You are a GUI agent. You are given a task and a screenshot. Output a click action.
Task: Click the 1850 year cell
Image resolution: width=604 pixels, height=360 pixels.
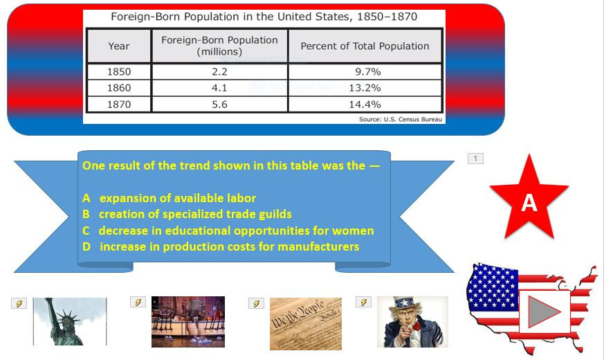[119, 71]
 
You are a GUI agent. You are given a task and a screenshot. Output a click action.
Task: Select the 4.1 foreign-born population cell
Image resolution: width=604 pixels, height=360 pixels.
[219, 88]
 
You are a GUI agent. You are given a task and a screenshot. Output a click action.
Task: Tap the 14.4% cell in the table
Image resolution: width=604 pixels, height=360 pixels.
[365, 105]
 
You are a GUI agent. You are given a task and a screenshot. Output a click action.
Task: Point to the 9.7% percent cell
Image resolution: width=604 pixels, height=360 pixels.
[365, 71]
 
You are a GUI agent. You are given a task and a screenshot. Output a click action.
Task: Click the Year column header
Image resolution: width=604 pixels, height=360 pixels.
[119, 46]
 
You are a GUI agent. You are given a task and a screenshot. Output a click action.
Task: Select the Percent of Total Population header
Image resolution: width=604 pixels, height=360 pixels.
[365, 46]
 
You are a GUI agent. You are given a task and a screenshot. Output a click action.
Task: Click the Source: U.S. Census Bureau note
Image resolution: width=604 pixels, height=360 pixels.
[401, 119]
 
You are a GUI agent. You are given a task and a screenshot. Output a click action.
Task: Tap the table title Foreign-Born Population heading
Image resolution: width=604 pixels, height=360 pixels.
[264, 17]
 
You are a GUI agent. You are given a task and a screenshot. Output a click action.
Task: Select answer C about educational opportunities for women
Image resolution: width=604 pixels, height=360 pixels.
[228, 231]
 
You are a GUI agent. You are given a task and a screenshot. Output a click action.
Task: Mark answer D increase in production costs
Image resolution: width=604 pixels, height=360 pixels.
[221, 246]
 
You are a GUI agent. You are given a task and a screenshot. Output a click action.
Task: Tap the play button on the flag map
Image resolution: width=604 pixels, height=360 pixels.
[544, 312]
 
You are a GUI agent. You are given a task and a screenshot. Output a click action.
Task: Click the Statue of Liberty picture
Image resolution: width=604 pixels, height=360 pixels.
[70, 321]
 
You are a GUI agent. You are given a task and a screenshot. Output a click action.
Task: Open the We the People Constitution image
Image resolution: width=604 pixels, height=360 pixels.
[305, 323]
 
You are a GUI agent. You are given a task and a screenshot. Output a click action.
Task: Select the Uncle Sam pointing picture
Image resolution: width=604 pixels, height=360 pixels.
[412, 322]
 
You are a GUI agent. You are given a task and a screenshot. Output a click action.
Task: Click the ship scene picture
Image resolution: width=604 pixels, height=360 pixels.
[188, 321]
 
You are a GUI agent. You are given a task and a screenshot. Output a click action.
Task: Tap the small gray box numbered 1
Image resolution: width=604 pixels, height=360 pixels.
[475, 159]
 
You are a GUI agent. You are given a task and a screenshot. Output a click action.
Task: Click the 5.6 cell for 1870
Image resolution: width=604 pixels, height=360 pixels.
[219, 105]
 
